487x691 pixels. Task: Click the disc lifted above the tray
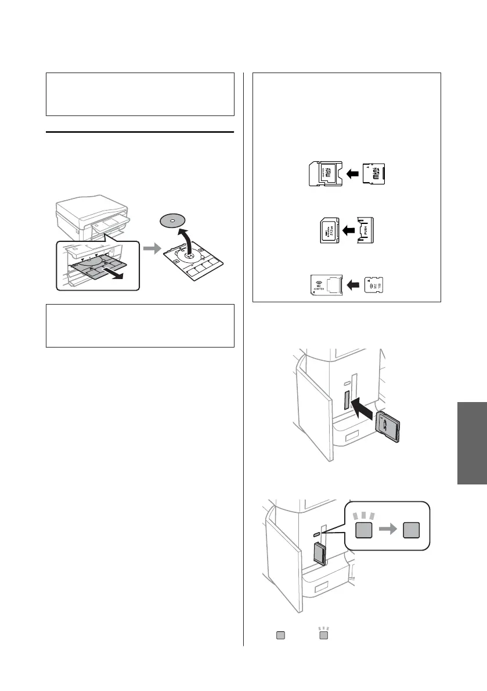point(172,222)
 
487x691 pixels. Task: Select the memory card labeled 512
point(329,230)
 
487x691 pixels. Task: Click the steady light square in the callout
point(412,531)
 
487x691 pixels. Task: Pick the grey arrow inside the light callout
point(388,531)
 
